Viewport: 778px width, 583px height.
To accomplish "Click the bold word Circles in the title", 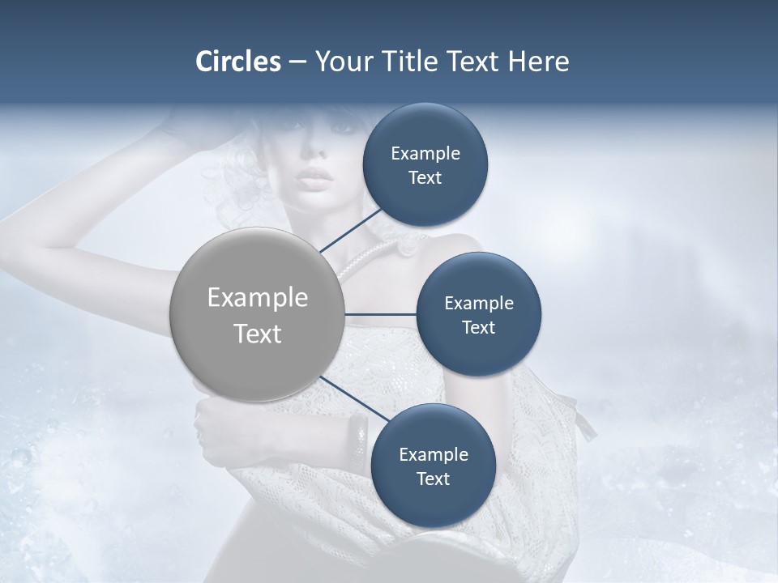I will pos(237,62).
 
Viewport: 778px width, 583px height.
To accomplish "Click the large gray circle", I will pos(257,314).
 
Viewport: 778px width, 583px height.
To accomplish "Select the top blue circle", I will pos(425,165).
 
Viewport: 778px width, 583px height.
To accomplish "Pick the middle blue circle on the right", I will pos(478,314).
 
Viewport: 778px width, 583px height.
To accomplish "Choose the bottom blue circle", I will pos(433,466).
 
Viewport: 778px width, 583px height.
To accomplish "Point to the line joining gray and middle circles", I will pos(380,314).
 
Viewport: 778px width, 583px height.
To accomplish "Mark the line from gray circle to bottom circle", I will pos(353,399).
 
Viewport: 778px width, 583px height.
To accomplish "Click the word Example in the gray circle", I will pos(257,298).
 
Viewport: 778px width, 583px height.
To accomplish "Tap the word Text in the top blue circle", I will pos(425,178).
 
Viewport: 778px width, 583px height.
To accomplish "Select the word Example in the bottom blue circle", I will pos(433,454).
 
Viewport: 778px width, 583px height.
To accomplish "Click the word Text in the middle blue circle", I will pos(478,327).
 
